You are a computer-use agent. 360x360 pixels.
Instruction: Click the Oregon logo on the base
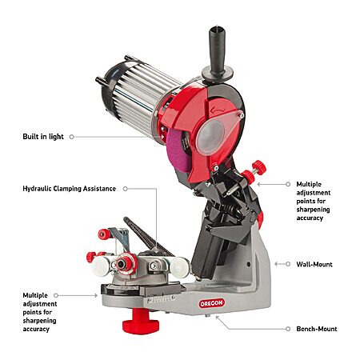(x=212, y=303)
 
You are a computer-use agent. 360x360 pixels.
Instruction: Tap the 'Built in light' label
(x=43, y=137)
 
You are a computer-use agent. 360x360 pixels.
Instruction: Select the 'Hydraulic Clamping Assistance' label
(x=70, y=189)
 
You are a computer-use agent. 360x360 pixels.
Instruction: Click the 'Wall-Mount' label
(x=314, y=264)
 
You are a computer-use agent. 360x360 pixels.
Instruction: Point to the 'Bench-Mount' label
(x=317, y=329)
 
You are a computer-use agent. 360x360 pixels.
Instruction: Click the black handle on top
(x=217, y=53)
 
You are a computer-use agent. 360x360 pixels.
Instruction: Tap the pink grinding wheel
(x=178, y=150)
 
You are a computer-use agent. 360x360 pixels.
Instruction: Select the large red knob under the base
(x=141, y=321)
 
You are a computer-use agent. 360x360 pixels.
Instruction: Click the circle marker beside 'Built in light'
(x=71, y=137)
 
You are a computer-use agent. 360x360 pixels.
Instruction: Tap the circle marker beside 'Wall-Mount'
(x=288, y=264)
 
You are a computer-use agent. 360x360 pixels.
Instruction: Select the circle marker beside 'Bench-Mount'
(x=288, y=329)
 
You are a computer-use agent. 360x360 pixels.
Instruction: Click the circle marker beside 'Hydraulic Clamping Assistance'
(x=126, y=189)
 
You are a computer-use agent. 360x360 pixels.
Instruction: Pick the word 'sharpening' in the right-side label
(x=313, y=210)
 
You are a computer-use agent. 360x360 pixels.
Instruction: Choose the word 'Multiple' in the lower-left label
(x=35, y=295)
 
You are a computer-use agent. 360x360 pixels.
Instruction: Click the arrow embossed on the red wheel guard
(x=218, y=110)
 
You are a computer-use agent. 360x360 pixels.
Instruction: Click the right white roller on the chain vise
(x=180, y=266)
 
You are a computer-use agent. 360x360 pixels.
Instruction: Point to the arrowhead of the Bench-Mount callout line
(x=217, y=318)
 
